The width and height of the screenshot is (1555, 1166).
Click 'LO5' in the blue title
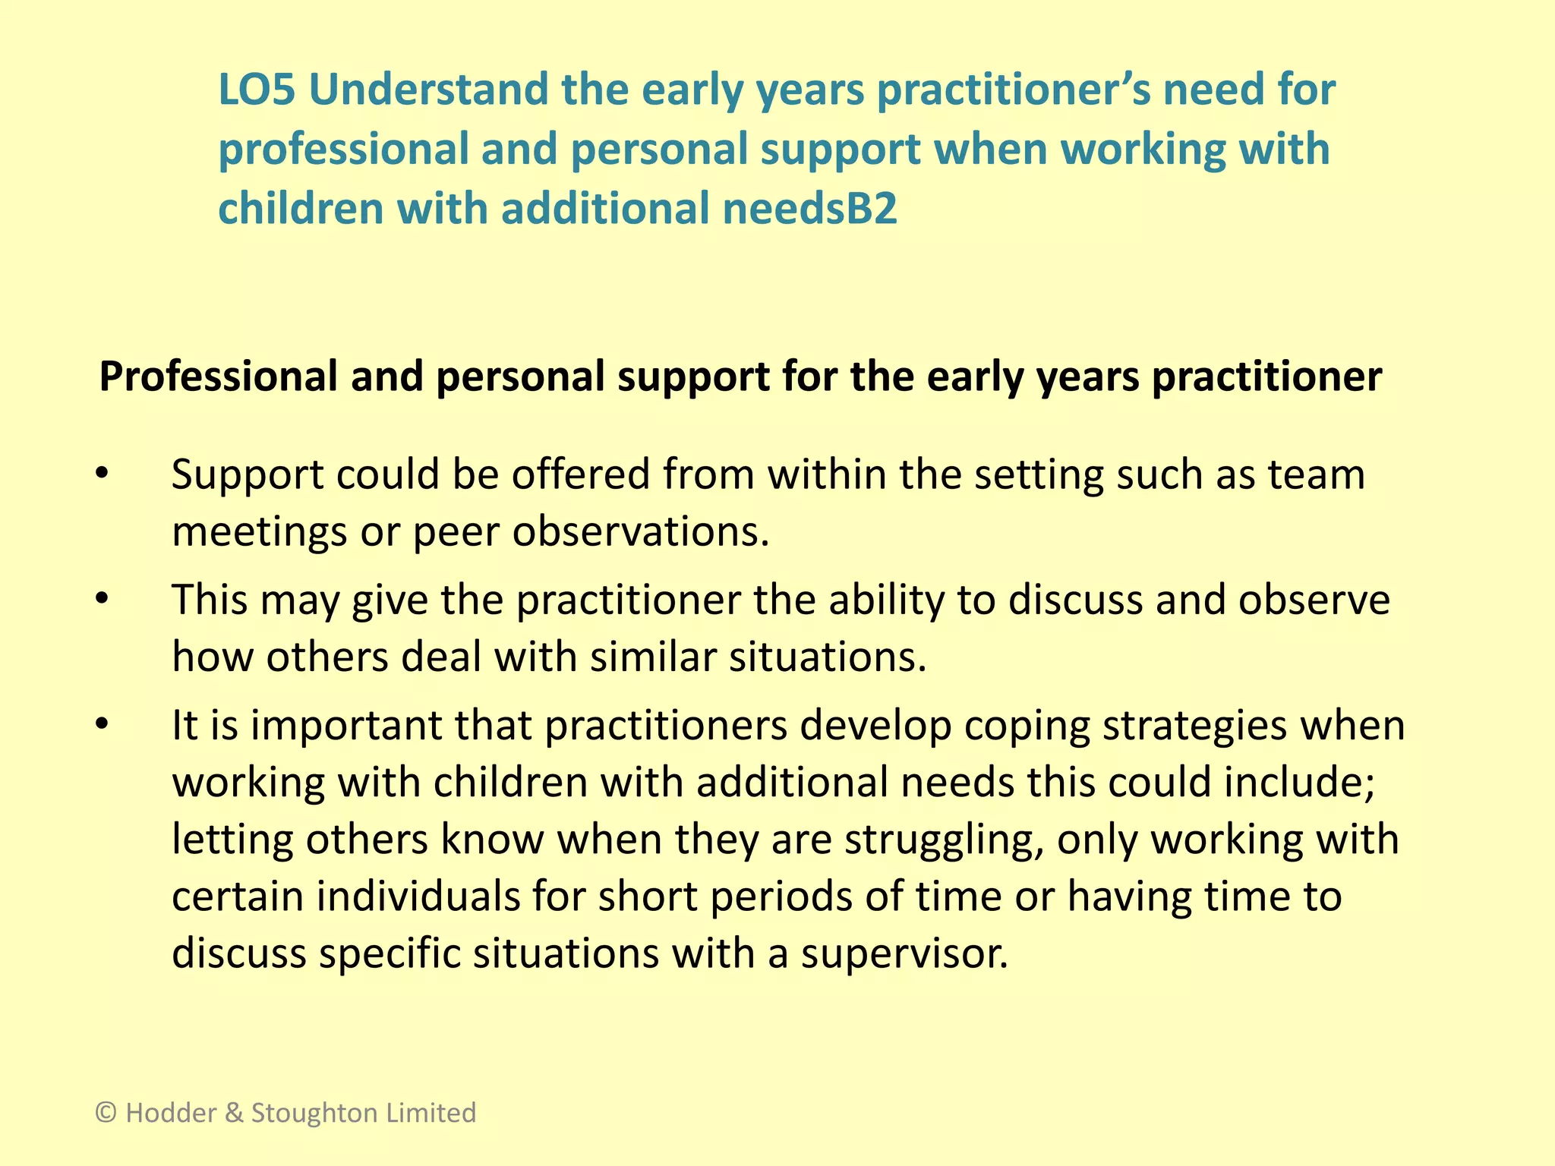pos(256,90)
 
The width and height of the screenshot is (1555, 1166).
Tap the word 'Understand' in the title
pos(427,90)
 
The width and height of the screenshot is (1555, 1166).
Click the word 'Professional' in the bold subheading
pos(218,377)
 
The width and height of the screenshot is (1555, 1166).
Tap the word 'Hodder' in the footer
pos(171,1113)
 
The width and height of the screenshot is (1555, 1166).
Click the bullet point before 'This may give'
pos(103,600)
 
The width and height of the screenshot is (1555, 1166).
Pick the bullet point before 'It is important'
pos(103,725)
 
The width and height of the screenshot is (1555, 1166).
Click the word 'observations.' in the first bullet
pos(641,531)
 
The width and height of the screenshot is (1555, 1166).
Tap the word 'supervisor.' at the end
pos(904,954)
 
